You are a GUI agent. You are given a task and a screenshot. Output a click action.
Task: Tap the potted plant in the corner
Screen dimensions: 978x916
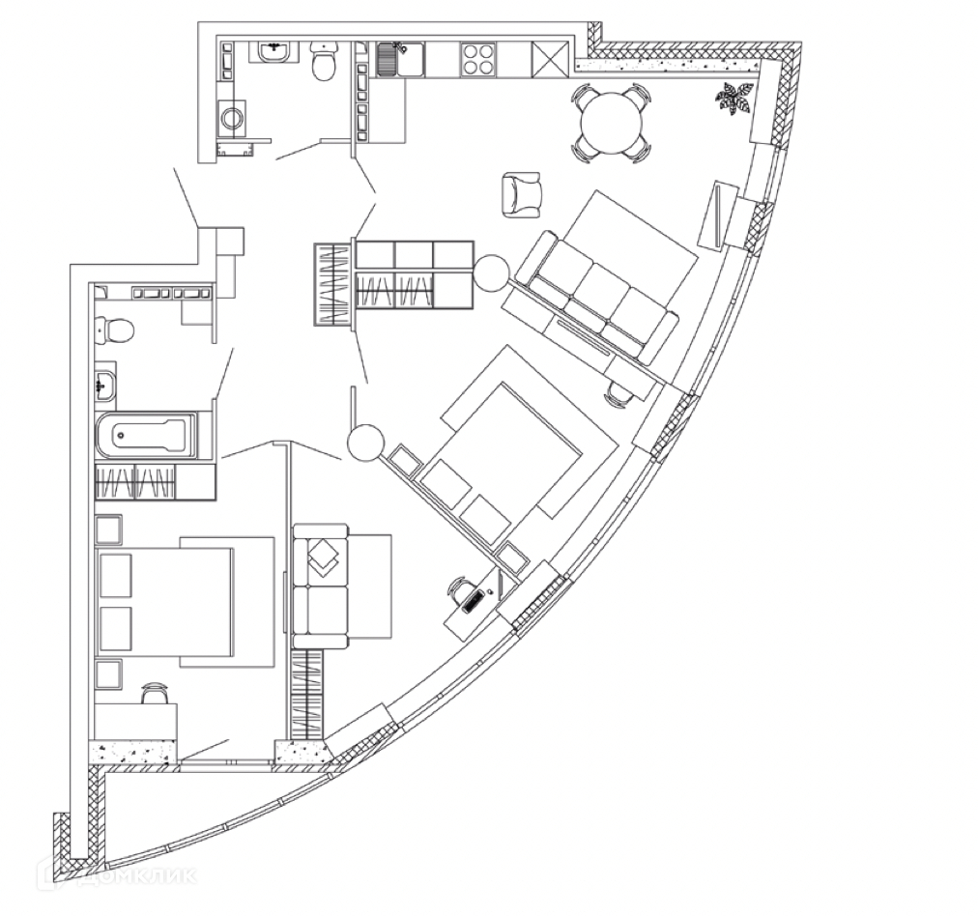(735, 99)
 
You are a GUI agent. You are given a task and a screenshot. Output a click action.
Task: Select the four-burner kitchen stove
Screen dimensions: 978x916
(477, 60)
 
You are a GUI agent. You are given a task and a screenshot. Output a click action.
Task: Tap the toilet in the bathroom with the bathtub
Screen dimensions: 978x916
(115, 330)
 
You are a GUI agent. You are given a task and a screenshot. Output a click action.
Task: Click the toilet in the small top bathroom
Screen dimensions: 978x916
(323, 64)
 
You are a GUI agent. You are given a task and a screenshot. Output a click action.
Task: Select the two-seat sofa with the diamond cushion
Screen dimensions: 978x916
(321, 586)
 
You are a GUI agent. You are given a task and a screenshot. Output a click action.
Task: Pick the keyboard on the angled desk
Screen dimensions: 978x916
(474, 600)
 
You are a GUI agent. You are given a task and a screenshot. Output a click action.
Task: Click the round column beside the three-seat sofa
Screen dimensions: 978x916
(490, 272)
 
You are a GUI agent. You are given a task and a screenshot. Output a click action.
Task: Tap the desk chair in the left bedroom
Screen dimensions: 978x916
(155, 694)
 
